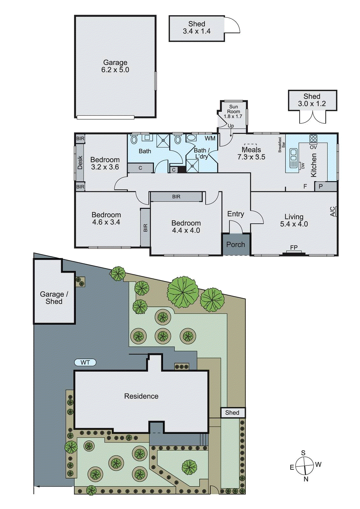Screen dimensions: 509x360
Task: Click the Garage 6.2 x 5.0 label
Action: coord(115,66)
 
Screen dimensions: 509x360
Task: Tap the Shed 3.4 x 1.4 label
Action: coord(196,28)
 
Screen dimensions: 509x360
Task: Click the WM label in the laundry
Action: coord(210,138)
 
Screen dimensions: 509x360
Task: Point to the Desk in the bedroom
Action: coord(80,162)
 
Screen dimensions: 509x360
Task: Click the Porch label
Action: coord(236,245)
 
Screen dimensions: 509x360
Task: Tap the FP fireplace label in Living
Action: coord(294,248)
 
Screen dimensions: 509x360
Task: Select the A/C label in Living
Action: coord(333,212)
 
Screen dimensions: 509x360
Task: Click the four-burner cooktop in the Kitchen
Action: coord(313,138)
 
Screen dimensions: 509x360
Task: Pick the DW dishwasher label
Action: coord(303,166)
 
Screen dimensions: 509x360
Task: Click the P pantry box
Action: coord(321,186)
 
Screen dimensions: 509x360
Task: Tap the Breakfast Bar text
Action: coord(281,145)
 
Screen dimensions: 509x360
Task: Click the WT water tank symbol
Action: coord(85,362)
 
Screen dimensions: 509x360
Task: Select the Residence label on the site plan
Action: coord(141,396)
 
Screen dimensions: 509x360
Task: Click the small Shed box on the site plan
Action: coord(233,413)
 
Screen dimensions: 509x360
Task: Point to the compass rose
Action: coord(305,466)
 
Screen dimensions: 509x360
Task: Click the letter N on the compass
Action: coord(306,479)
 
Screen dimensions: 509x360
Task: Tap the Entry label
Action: coord(236,214)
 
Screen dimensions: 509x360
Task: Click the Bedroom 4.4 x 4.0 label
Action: coord(186,227)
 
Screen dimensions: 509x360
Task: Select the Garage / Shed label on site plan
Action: coord(54,298)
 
